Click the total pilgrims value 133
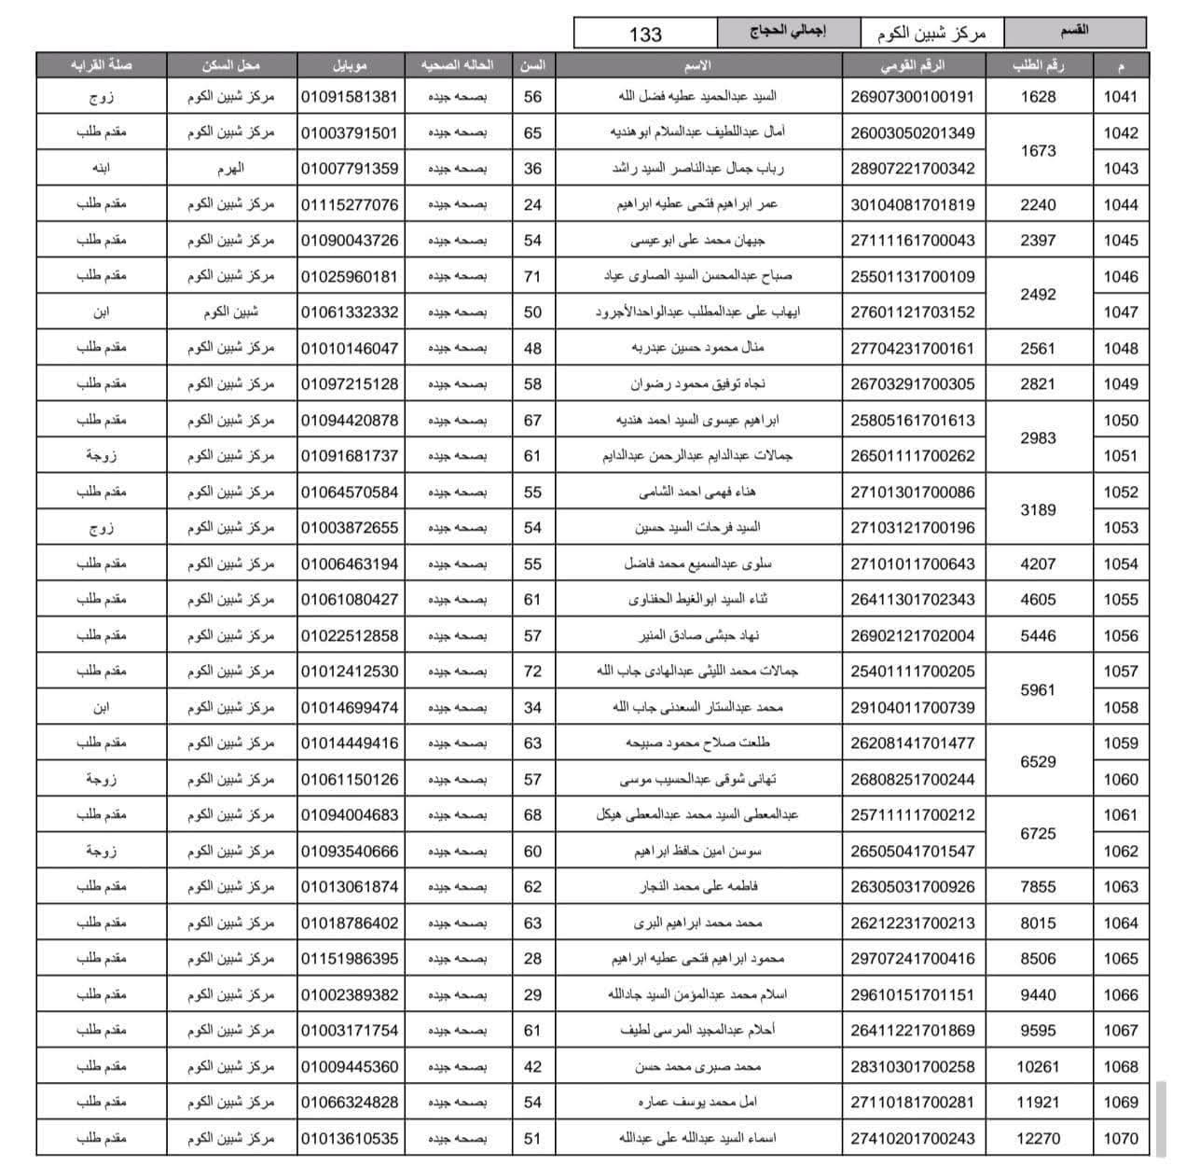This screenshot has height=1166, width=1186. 645,35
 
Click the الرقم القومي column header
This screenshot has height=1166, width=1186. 913,65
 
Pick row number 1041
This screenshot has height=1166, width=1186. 1121,97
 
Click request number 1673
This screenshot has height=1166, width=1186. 1038,150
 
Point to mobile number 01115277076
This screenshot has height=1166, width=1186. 350,204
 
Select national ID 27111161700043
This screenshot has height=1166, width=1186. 913,241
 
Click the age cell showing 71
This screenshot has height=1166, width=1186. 532,276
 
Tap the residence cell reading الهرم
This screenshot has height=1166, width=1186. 230,169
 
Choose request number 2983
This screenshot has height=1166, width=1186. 1038,437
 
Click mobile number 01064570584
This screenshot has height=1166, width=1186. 350,492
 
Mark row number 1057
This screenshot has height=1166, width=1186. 1121,672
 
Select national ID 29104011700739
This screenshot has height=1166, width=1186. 913,708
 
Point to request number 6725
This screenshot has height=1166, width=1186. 1038,833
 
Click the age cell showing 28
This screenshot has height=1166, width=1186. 532,959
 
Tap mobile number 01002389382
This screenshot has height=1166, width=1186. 350,995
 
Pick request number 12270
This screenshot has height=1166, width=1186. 1038,1139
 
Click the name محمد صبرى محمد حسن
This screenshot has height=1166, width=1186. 698,1067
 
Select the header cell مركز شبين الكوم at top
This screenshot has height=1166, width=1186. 931,35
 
